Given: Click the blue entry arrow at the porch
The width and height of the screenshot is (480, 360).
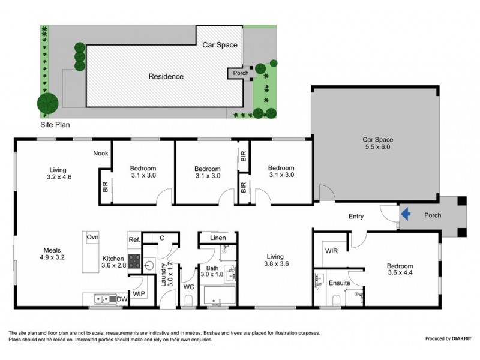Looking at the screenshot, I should click(406, 212).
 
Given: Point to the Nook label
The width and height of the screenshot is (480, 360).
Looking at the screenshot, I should click(100, 153).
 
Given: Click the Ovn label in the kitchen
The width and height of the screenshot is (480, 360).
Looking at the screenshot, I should click(92, 237).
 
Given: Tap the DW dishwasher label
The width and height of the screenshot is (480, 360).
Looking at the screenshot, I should click(122, 298).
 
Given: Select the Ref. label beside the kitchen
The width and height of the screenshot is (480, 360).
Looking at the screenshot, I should click(134, 240).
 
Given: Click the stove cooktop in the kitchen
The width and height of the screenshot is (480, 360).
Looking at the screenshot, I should click(134, 262).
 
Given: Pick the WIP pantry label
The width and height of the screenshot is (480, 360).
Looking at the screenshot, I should click(139, 294).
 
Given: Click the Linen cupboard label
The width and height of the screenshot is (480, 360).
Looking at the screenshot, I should click(218, 238).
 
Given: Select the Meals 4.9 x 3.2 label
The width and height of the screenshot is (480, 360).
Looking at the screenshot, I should click(53, 254).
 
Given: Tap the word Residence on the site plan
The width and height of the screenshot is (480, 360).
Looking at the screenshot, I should click(166, 76).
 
